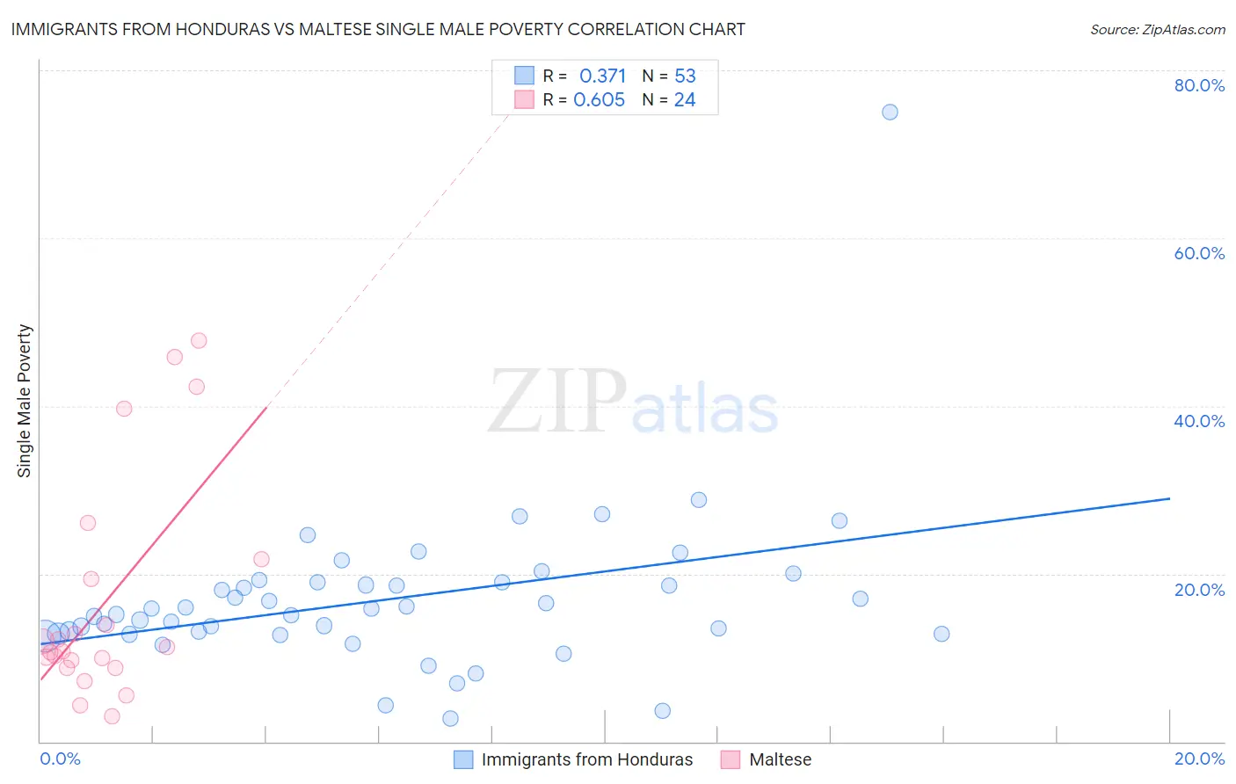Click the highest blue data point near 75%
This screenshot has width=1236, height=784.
point(890,112)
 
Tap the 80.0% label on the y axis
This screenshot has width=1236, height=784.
point(1199,85)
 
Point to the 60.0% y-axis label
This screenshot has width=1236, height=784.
point(1199,253)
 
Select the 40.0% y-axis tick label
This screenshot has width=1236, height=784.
point(1199,421)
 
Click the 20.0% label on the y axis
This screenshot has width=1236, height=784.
point(1199,589)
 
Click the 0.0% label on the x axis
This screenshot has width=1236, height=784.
point(60,759)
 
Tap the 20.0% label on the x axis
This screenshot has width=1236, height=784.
point(1199,759)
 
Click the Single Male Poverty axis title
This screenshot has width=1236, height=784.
point(25,401)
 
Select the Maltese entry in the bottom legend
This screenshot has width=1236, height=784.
point(780,759)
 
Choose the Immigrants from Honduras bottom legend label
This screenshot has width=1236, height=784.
point(586,759)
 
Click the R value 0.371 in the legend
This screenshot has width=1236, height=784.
point(602,76)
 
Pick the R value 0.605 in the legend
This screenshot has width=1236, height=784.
point(600,100)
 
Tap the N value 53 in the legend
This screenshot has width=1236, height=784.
point(685,76)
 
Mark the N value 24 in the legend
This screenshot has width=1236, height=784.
point(685,100)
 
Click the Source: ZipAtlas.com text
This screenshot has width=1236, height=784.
point(1157,30)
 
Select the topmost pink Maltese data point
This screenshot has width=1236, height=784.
point(199,340)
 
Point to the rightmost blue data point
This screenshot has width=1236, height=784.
point(942,634)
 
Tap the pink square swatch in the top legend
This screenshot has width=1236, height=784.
point(524,99)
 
